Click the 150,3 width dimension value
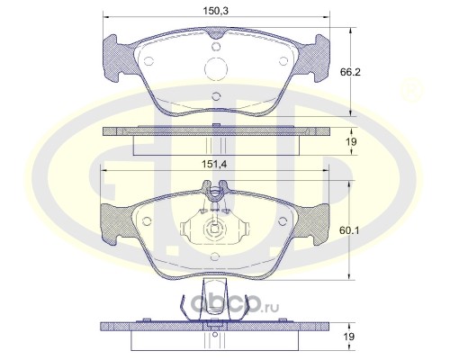pyautogui.click(x=216, y=11)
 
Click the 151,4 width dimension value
pyautogui.click(x=214, y=164)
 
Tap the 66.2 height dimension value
pyautogui.click(x=350, y=72)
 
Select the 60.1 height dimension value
pyautogui.click(x=349, y=230)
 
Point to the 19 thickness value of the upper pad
pyautogui.click(x=351, y=141)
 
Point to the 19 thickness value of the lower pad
pyautogui.click(x=349, y=337)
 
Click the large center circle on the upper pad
pyautogui.click(x=216, y=68)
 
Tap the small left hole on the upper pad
pyautogui.click(x=148, y=61)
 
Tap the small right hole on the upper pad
pyautogui.click(x=283, y=61)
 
